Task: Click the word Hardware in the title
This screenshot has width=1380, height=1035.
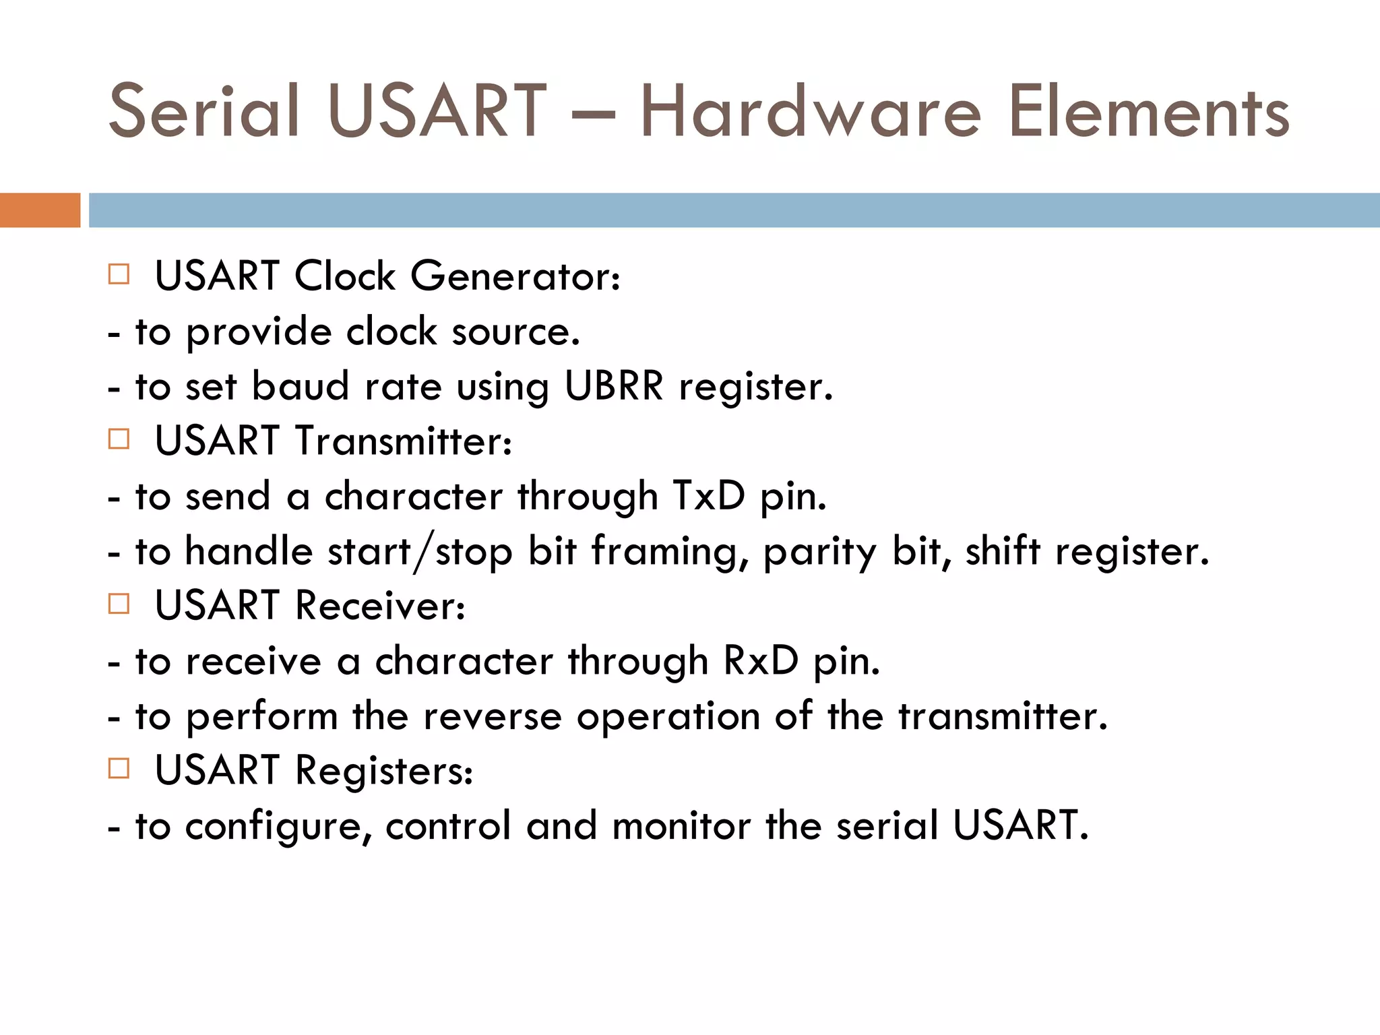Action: tap(811, 112)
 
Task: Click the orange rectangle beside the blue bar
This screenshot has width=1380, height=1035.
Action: tap(40, 210)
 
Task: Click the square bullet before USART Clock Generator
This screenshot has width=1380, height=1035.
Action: tap(119, 274)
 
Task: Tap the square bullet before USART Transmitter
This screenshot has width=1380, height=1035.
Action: tap(119, 439)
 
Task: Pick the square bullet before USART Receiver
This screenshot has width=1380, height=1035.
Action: tap(119, 604)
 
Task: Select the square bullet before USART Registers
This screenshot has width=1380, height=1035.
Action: tap(119, 768)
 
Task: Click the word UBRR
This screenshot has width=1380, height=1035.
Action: tap(614, 387)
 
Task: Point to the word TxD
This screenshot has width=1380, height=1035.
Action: tap(709, 497)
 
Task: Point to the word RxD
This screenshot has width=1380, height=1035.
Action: tap(761, 661)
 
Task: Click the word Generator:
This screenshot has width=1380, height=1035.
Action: tap(515, 276)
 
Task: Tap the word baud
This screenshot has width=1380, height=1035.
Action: tap(301, 387)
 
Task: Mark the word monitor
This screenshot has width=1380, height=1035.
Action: tap(681, 826)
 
